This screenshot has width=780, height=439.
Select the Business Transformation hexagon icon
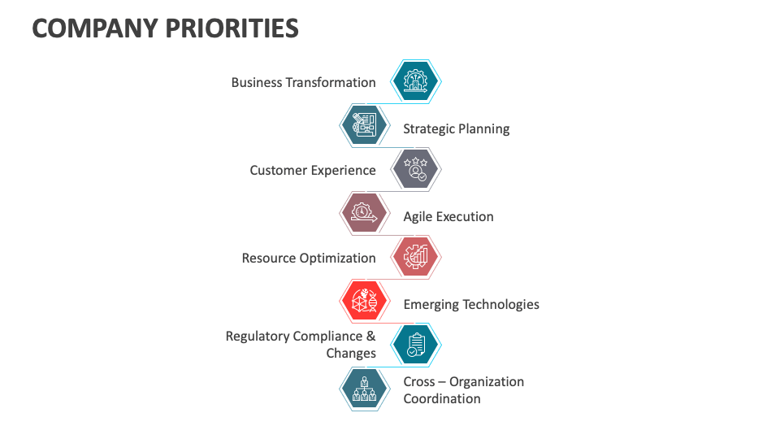[416, 81]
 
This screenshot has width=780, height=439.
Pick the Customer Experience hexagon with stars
[416, 169]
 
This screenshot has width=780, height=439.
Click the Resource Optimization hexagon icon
[416, 257]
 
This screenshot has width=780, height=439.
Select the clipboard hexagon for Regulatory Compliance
[416, 345]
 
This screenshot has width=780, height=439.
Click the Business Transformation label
[303, 82]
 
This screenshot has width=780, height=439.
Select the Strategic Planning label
[457, 128]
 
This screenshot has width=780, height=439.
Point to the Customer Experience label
[313, 170]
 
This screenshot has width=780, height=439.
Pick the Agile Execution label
[448, 216]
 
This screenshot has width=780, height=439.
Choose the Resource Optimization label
[309, 258]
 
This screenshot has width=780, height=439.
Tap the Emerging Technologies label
[471, 304]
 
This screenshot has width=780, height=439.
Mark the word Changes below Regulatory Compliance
[351, 353]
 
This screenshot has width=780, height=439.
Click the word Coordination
[442, 398]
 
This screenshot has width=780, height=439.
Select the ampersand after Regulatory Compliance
[370, 336]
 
